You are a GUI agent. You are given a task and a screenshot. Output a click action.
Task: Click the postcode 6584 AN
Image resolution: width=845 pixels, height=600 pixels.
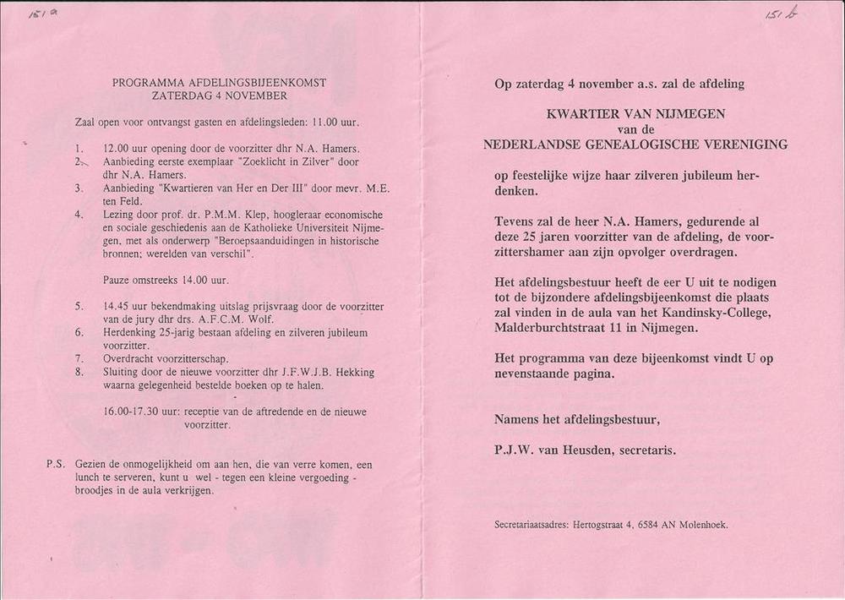(x=658, y=525)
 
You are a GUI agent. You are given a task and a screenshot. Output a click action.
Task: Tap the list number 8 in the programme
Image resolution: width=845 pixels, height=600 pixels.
(x=79, y=373)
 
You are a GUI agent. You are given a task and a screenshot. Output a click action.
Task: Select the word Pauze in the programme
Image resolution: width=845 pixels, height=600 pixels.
(x=117, y=280)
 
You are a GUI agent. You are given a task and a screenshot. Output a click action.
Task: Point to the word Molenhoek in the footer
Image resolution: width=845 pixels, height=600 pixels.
(x=701, y=525)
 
